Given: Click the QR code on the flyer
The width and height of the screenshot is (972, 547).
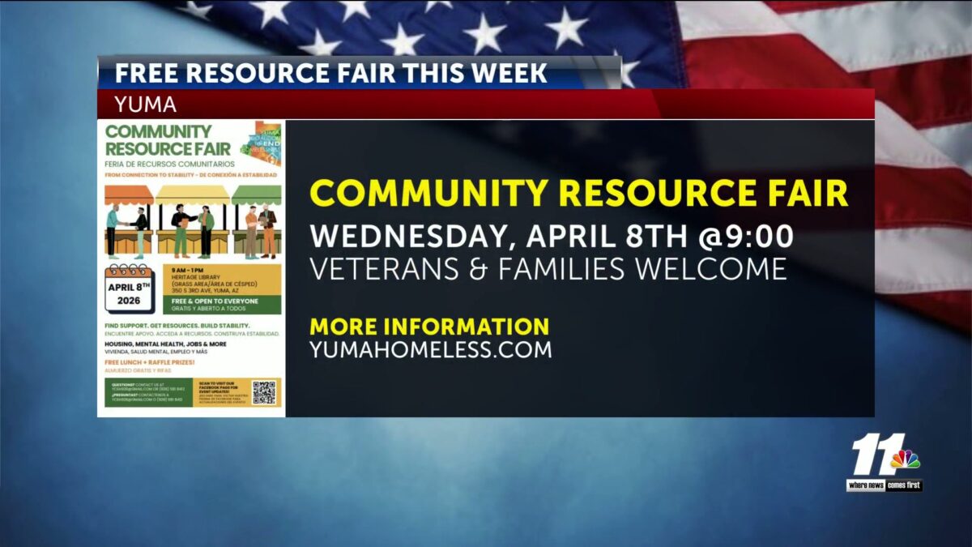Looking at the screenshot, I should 263,392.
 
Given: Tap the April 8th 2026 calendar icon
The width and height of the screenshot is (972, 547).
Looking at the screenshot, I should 129,288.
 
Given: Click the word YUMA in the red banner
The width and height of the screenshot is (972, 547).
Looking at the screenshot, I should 146,105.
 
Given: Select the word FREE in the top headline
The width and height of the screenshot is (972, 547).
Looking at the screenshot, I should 143,73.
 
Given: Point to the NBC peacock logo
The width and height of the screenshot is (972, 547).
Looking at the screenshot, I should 906,460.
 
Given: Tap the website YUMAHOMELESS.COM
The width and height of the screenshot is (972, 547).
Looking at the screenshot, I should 431,350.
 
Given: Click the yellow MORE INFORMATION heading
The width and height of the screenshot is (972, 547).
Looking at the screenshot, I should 429,327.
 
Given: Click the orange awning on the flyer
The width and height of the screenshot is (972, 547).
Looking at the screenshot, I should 129,195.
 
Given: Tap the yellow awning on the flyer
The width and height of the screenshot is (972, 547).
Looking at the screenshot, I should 192,195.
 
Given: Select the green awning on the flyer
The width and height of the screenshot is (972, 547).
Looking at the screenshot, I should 256,195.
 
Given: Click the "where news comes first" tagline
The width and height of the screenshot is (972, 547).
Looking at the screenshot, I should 884,485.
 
